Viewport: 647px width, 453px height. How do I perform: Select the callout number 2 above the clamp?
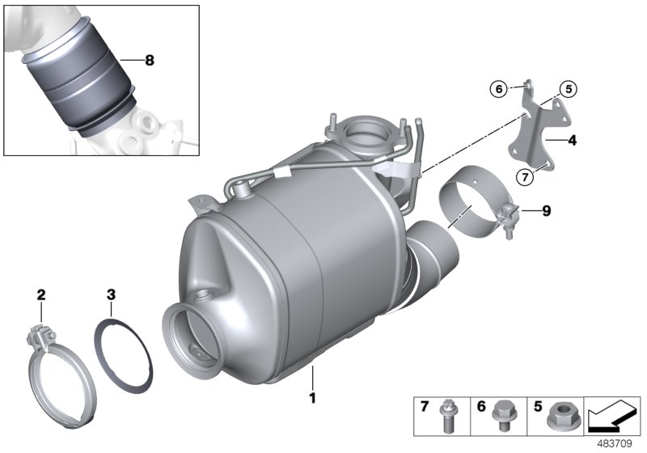point(41,296)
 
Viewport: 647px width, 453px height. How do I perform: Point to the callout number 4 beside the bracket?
point(572,141)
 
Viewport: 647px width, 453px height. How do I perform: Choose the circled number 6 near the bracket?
point(499,88)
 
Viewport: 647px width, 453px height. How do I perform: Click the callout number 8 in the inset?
point(147,60)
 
